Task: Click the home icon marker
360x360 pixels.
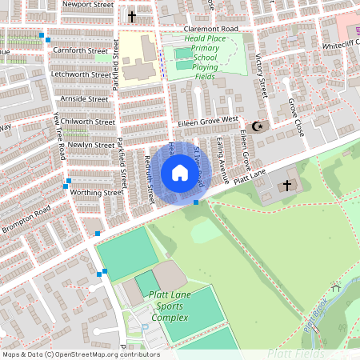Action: click(180, 173)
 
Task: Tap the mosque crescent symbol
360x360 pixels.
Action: click(258, 126)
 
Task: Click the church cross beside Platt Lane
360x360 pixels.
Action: click(287, 186)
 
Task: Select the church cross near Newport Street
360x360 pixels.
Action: click(132, 16)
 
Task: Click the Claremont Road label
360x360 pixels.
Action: click(200, 29)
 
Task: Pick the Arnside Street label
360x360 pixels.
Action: click(83, 99)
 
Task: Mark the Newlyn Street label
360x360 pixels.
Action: click(90, 145)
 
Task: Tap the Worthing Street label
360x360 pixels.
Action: click(96, 193)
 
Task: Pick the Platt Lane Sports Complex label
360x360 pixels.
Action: click(166, 306)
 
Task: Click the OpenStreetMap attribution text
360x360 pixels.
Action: click(81, 354)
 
